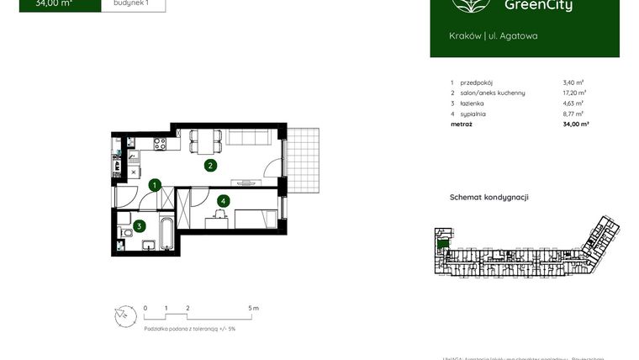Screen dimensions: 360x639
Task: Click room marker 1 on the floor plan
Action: [x=155, y=185]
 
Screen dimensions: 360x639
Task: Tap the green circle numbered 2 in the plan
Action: [x=210, y=166]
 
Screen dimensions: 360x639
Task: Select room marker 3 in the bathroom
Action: [x=140, y=225]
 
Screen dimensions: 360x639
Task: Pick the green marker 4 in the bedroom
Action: [x=222, y=201]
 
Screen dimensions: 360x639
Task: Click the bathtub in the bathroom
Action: [x=167, y=235]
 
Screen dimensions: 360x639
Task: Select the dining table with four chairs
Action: [x=205, y=140]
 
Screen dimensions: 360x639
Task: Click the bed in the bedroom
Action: [x=253, y=219]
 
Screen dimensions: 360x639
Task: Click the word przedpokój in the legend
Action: [x=477, y=82]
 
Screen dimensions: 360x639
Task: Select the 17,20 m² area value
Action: [x=574, y=93]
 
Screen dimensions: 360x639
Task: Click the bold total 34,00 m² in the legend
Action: [x=575, y=124]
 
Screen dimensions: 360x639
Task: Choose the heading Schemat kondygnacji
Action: [x=488, y=198]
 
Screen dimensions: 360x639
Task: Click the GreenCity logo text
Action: [x=538, y=7]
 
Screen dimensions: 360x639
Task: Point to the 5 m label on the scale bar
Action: [x=254, y=309]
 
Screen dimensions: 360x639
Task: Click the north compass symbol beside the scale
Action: [x=124, y=316]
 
